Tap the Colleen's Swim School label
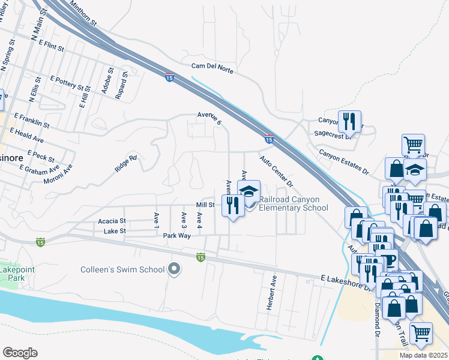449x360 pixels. coord(122,269)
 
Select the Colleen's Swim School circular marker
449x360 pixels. coord(174,269)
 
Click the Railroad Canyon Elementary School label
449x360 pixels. coord(294,204)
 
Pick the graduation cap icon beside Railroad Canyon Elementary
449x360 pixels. coord(248,192)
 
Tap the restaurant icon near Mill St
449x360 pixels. coord(231,205)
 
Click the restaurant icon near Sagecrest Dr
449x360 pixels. coord(349,122)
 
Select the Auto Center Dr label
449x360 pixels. coord(276,170)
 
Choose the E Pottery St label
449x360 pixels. coord(68,83)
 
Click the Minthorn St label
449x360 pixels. coord(83,13)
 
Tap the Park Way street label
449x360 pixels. coord(176,236)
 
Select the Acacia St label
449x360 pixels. coord(112,221)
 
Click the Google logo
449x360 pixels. coord(20,352)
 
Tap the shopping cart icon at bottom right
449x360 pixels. coord(421,332)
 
